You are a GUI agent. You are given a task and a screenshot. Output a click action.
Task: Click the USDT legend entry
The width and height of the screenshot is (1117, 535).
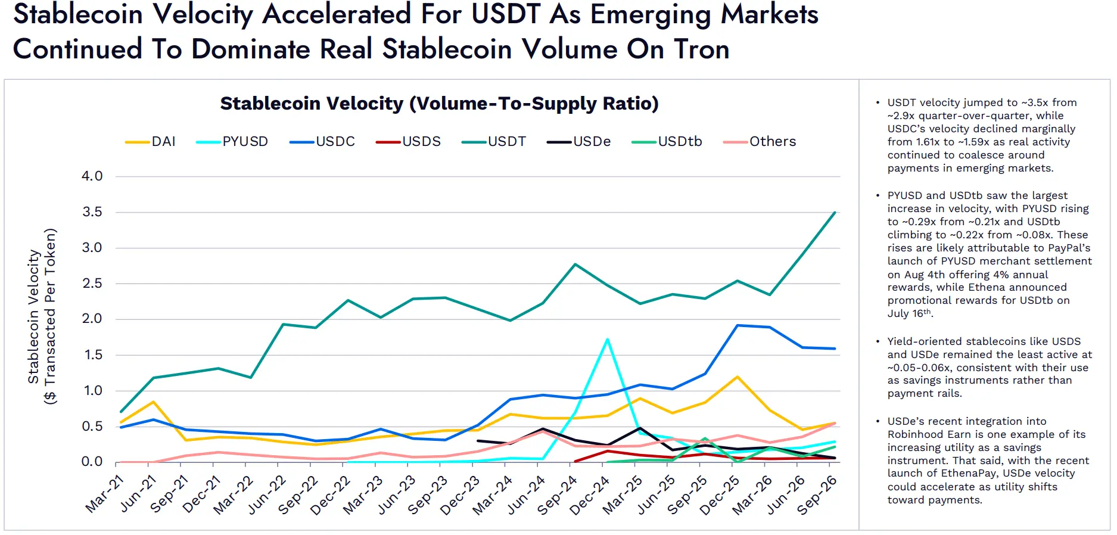(x=494, y=142)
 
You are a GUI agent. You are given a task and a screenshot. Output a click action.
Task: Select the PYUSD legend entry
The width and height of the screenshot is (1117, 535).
(x=232, y=142)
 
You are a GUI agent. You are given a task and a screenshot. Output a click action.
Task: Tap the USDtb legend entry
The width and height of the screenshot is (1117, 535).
(x=667, y=142)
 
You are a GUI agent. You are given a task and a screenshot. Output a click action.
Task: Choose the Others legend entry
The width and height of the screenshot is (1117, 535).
(x=760, y=142)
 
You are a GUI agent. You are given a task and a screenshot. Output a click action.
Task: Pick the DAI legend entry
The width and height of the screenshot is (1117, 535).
(x=150, y=142)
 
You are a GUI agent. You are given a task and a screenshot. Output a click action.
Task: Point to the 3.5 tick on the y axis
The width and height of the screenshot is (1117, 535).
(x=92, y=212)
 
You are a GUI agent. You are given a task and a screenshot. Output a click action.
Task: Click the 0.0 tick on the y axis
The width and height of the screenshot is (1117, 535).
(x=92, y=462)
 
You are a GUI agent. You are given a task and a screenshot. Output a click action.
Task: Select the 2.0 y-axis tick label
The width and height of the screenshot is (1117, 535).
(x=92, y=319)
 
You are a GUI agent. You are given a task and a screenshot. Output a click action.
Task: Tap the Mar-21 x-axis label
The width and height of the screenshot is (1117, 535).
(x=105, y=494)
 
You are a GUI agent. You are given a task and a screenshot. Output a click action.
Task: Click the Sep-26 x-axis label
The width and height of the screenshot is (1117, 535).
(x=817, y=495)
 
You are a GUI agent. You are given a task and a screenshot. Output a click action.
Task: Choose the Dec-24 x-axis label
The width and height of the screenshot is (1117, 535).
(x=589, y=495)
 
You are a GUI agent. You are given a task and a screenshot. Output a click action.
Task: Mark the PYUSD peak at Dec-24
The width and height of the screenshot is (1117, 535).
(x=607, y=340)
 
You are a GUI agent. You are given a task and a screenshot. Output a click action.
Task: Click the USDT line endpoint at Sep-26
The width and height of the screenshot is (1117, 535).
(x=835, y=212)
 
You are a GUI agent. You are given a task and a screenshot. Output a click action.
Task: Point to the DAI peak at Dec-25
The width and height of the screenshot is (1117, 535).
(x=738, y=377)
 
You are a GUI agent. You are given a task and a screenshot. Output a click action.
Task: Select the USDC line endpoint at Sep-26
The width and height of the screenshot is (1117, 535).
(x=835, y=349)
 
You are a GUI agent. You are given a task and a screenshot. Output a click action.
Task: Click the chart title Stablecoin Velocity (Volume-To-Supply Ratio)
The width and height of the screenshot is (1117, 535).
(x=440, y=104)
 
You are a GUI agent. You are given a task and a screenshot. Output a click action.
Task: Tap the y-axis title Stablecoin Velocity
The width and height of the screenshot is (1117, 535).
(x=33, y=316)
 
